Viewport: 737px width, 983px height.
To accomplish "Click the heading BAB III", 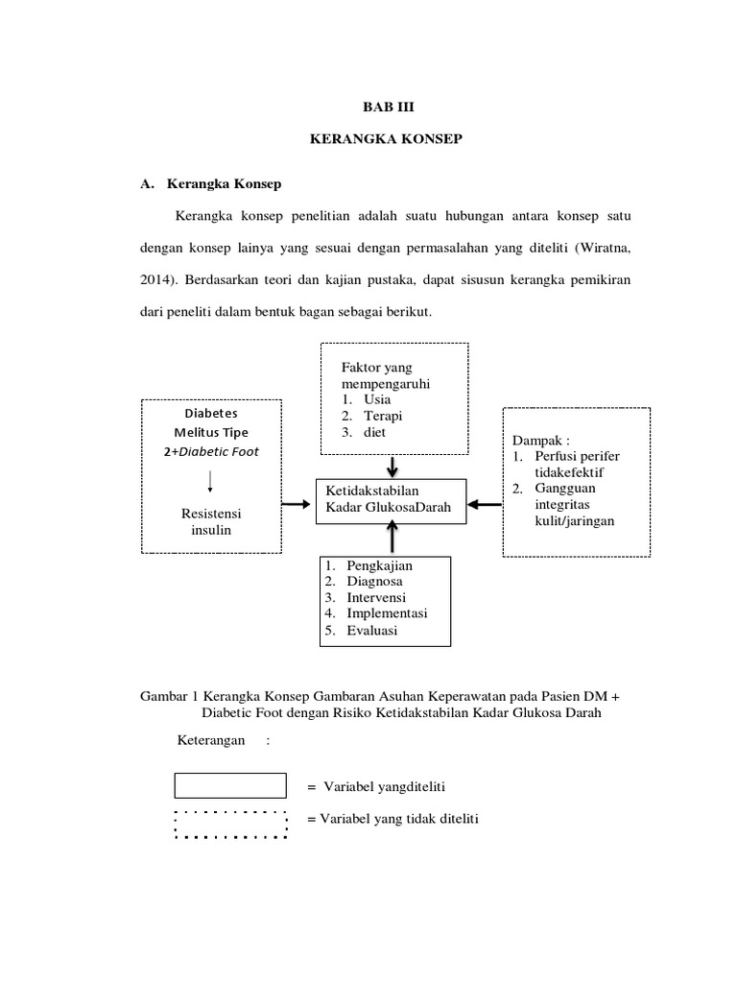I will (x=388, y=109).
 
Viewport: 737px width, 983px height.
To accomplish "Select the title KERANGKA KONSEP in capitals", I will (x=387, y=140).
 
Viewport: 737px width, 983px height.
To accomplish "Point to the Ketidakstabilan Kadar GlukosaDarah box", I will (x=391, y=499).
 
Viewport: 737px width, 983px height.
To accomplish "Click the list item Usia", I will (x=379, y=399).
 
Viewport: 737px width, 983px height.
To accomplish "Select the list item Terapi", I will (x=382, y=416).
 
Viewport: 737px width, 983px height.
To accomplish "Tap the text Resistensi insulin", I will (x=208, y=521).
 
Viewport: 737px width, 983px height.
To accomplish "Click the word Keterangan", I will (x=210, y=741).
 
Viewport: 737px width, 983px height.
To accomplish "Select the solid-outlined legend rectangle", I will (x=230, y=785).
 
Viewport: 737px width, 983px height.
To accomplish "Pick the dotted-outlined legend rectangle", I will (x=230, y=824).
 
